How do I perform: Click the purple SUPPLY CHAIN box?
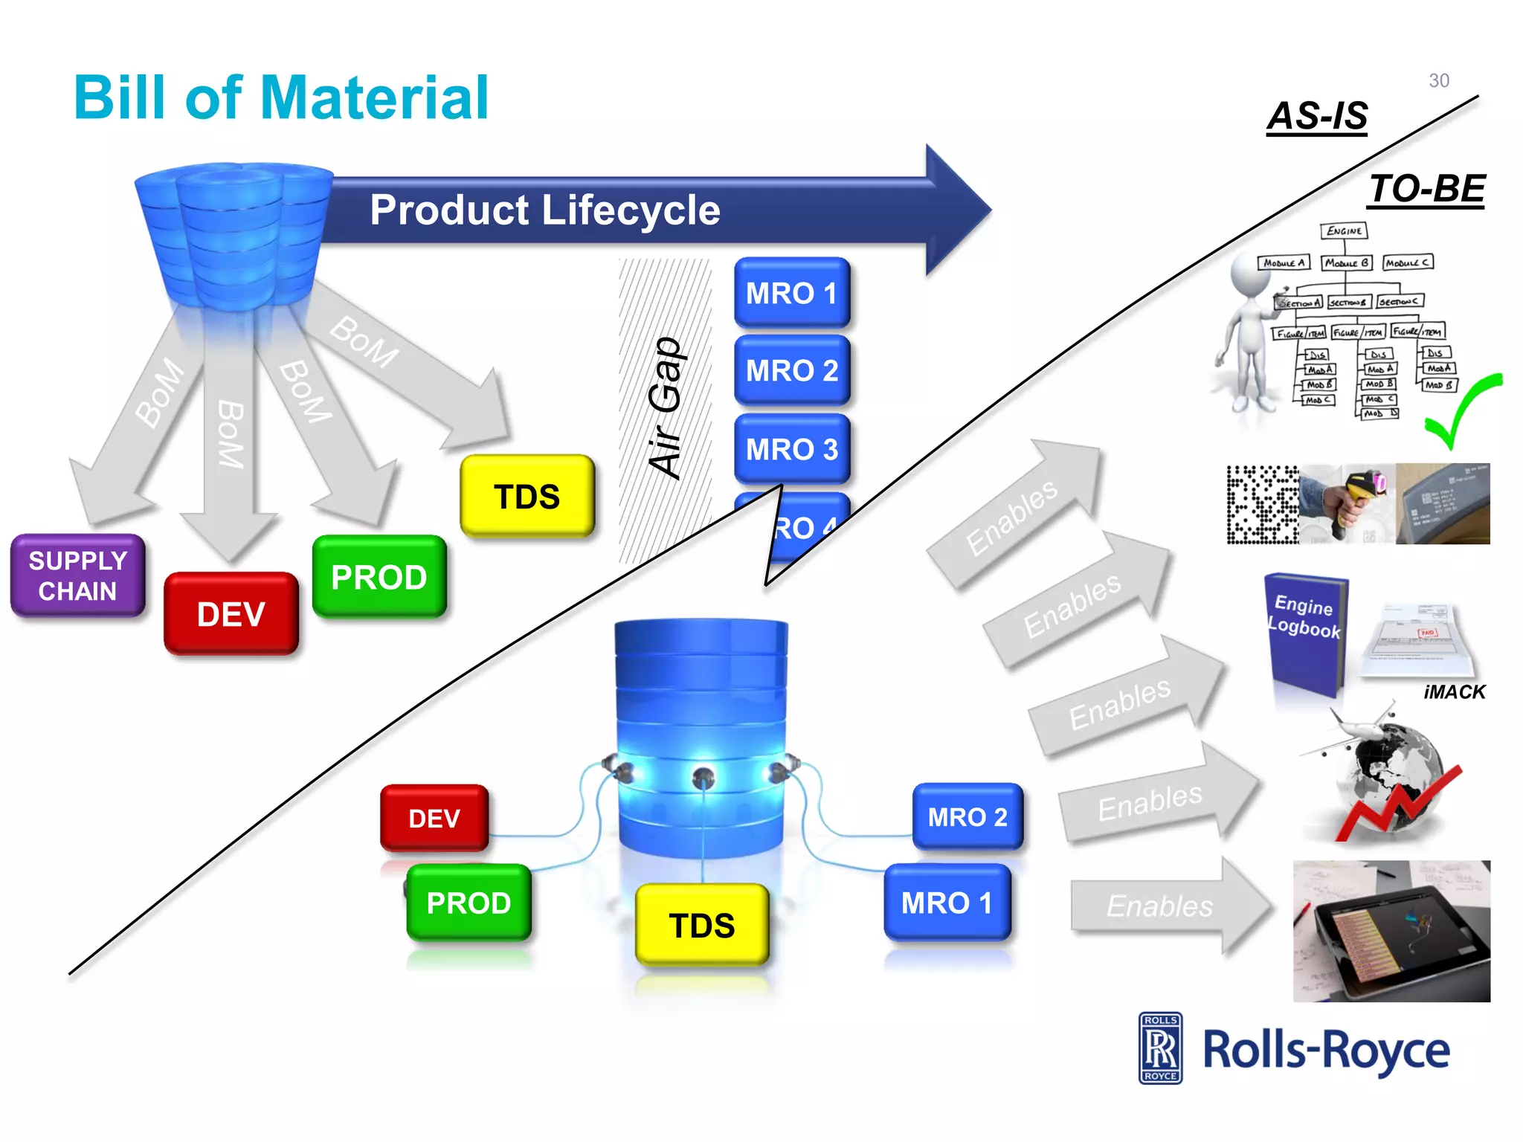[x=77, y=575]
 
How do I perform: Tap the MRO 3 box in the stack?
[x=792, y=449]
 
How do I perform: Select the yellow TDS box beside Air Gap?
[x=527, y=496]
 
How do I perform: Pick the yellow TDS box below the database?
[x=701, y=925]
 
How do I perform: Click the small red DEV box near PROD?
[x=434, y=818]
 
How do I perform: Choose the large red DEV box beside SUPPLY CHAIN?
[x=231, y=614]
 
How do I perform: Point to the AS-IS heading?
[x=1317, y=116]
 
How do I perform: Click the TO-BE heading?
[x=1426, y=189]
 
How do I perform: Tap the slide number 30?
[x=1438, y=80]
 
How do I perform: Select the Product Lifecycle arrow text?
[x=545, y=210]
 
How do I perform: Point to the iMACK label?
[x=1454, y=692]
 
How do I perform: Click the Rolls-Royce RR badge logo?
[x=1160, y=1048]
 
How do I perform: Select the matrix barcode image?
[x=1262, y=504]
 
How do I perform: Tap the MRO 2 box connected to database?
[x=967, y=817]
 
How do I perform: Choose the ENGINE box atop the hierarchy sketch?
[x=1344, y=231]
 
